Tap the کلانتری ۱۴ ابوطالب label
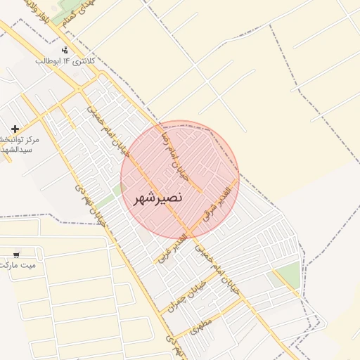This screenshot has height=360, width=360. (x=65, y=61)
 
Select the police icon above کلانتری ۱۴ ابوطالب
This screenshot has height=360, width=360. (x=65, y=50)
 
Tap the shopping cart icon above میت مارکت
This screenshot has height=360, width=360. (x=16, y=254)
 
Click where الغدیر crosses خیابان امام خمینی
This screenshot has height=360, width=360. (x=190, y=233)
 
